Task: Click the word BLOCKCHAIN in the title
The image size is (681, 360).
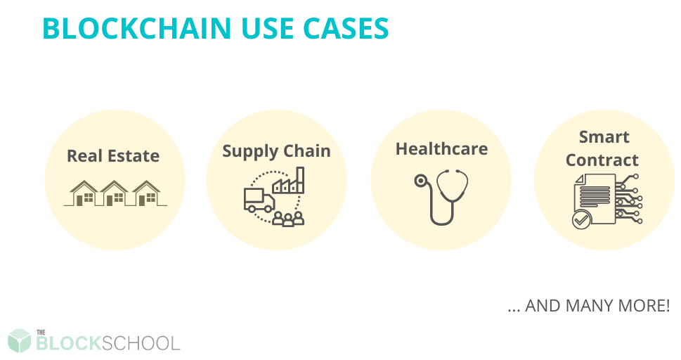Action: click(x=137, y=29)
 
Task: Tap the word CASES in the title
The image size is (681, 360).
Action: click(x=346, y=29)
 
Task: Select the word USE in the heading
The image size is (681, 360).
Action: click(x=266, y=29)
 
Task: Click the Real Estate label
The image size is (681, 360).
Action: click(x=113, y=155)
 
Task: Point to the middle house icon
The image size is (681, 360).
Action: click(x=115, y=193)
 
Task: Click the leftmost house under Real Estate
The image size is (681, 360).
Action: click(x=84, y=193)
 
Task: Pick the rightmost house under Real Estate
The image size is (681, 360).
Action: click(x=146, y=193)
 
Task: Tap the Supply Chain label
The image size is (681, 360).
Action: click(x=276, y=151)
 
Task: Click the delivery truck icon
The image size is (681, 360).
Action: click(x=259, y=200)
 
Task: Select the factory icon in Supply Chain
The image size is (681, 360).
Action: click(x=288, y=181)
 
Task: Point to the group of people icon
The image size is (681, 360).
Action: click(x=288, y=218)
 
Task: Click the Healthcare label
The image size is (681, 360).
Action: click(x=441, y=148)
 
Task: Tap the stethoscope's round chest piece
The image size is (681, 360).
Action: click(x=420, y=181)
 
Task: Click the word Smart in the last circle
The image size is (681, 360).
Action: click(x=604, y=137)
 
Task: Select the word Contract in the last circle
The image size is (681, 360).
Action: click(x=602, y=160)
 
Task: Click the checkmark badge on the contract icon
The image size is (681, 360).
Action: click(x=581, y=220)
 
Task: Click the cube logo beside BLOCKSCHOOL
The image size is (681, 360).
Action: click(x=20, y=340)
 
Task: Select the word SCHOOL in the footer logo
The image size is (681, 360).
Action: click(x=141, y=344)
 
